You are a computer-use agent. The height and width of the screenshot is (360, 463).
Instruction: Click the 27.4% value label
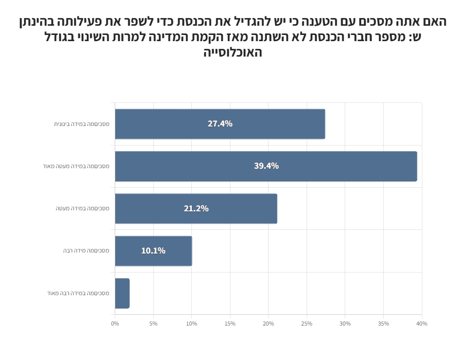pyautogui.click(x=220, y=124)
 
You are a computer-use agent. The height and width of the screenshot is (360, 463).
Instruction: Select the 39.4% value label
pyautogui.click(x=266, y=166)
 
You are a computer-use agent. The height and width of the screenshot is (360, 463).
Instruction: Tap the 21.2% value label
pyautogui.click(x=196, y=209)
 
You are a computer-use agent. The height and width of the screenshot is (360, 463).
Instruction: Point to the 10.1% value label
pyautogui.click(x=153, y=251)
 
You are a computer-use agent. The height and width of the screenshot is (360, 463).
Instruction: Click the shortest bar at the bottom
pyautogui.click(x=122, y=294)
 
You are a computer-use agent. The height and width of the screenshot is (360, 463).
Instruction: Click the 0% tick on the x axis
pyautogui.click(x=115, y=324)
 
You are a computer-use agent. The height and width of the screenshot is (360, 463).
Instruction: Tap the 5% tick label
pyautogui.click(x=153, y=324)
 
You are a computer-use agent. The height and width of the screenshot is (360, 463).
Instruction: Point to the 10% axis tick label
pyautogui.click(x=191, y=324)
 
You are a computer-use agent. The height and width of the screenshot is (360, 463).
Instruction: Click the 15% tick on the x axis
pyautogui.click(x=230, y=324)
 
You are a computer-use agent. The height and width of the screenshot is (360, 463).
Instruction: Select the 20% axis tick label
pyautogui.click(x=268, y=324)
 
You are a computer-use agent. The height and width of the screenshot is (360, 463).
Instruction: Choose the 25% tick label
pyautogui.click(x=307, y=324)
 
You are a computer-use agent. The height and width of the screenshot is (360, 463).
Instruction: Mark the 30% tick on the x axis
pyautogui.click(x=345, y=324)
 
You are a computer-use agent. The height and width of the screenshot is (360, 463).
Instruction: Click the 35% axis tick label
pyautogui.click(x=383, y=324)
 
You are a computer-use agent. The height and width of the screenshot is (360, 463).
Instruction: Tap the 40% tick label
pyautogui.click(x=422, y=324)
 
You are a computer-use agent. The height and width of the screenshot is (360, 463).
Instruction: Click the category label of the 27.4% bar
pyautogui.click(x=81, y=124)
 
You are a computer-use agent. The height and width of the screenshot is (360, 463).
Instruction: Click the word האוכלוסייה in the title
pyautogui.click(x=233, y=52)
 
